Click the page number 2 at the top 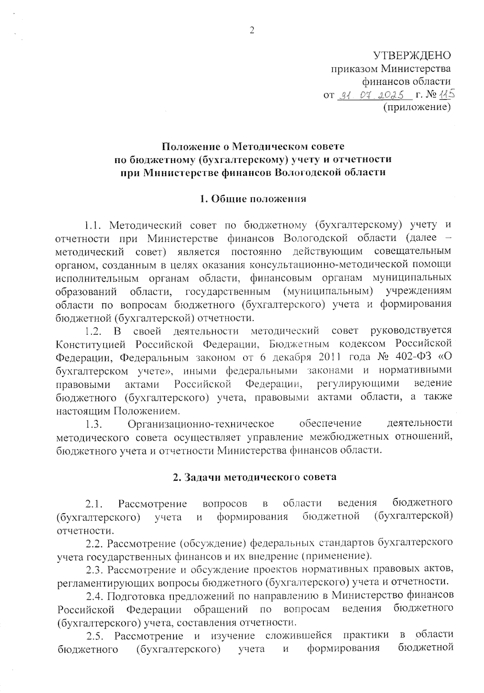[x=252, y=31]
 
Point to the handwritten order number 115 [x=446, y=94]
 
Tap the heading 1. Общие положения [x=253, y=199]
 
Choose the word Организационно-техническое [x=201, y=424]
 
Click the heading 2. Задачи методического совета [x=255, y=477]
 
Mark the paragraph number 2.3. [x=95, y=570]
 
